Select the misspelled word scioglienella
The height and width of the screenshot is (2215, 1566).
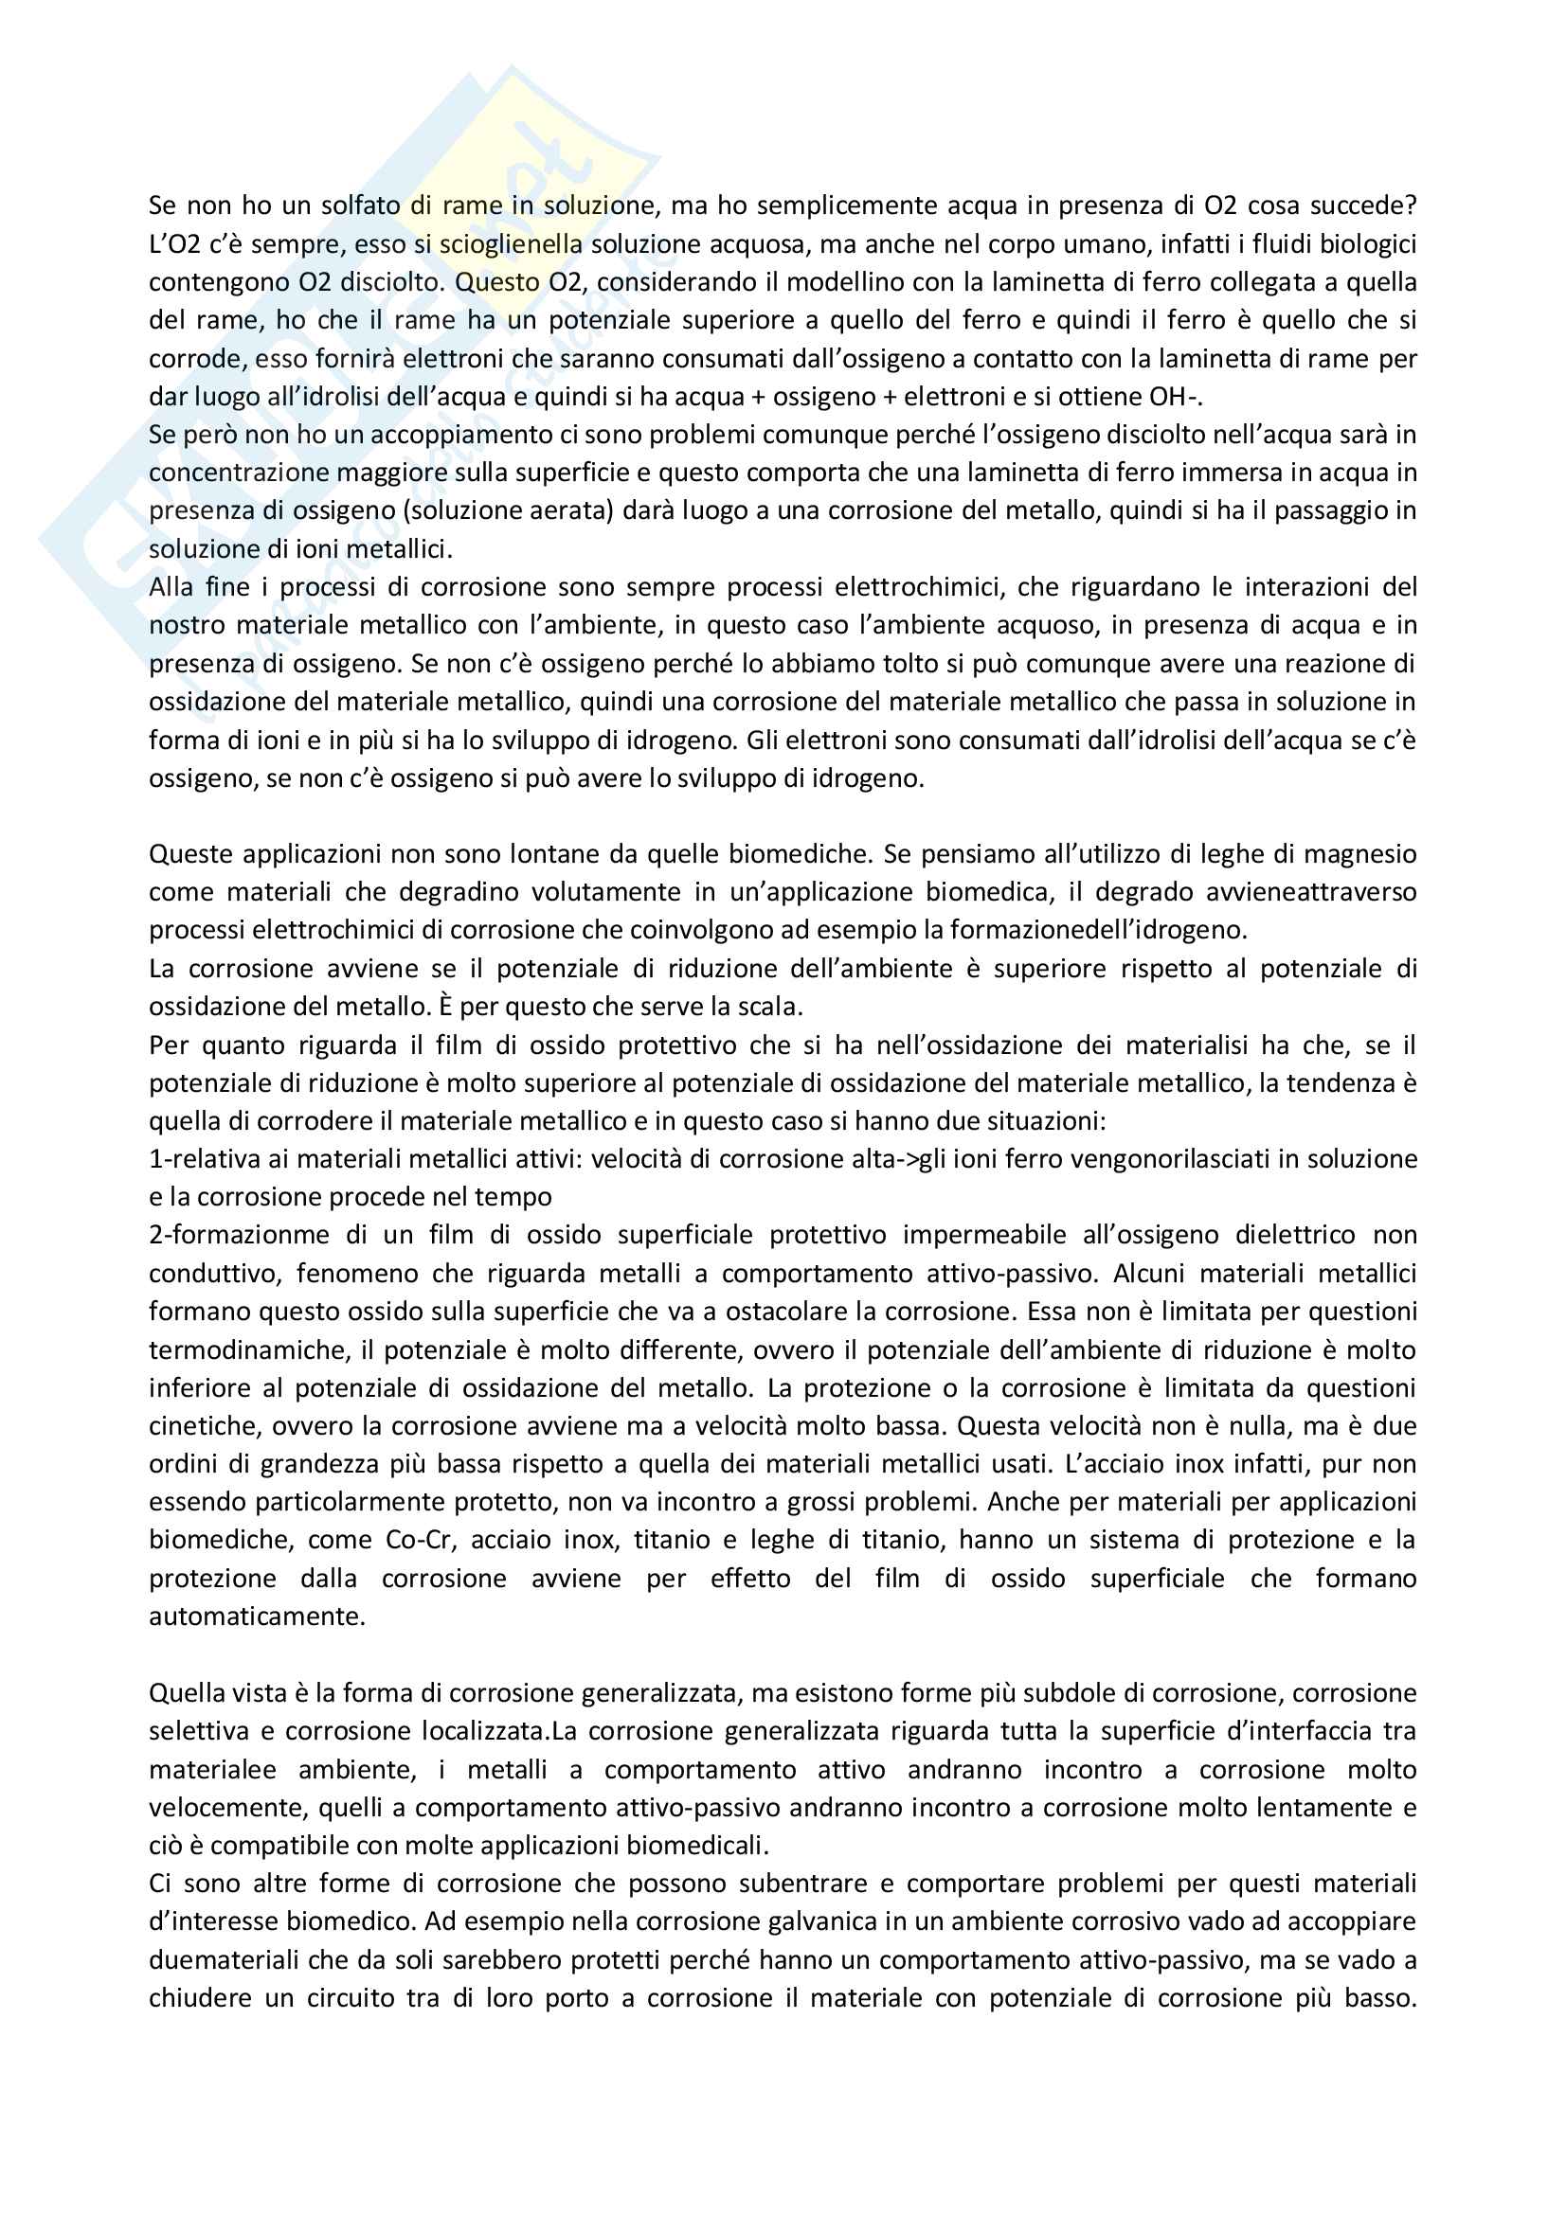pyautogui.click(x=511, y=244)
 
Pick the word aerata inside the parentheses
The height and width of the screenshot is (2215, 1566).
pyautogui.click(x=570, y=511)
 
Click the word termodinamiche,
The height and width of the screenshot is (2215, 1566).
pyautogui.click(x=260, y=1350)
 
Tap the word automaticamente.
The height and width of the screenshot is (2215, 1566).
pyautogui.click(x=257, y=1617)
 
